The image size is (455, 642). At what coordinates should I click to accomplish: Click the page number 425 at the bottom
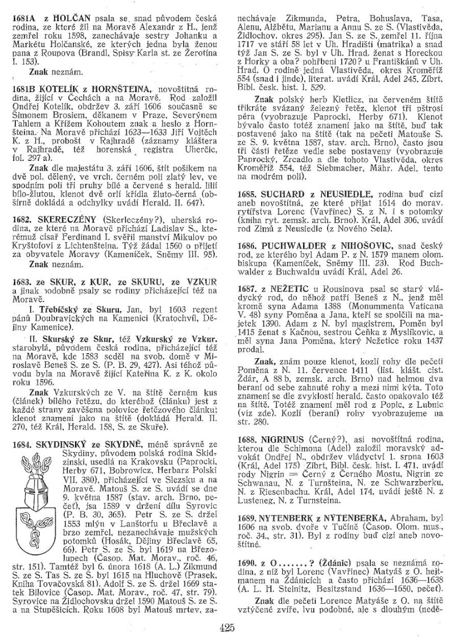pyautogui.click(x=227, y=627)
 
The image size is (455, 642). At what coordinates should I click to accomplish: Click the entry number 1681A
pyautogui.click(x=25, y=19)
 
